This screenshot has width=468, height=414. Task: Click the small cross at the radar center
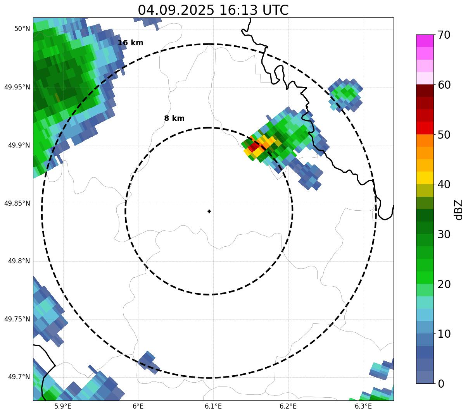click(209, 211)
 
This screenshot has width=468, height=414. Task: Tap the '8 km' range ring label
click(174, 119)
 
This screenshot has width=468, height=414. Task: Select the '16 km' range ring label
click(130, 43)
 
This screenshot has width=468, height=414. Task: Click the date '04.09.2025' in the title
click(176, 10)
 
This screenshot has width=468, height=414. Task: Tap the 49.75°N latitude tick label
click(17, 319)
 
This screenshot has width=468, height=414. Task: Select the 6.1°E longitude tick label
click(213, 406)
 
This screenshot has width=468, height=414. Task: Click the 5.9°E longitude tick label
click(63, 406)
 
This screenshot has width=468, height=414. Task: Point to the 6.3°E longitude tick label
click(363, 406)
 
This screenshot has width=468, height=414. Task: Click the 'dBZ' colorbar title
click(459, 210)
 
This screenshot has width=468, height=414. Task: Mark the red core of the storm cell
click(254, 147)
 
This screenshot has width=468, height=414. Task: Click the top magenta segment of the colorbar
click(425, 41)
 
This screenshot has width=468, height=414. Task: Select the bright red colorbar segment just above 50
click(425, 128)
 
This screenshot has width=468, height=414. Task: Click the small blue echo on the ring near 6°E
click(148, 362)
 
